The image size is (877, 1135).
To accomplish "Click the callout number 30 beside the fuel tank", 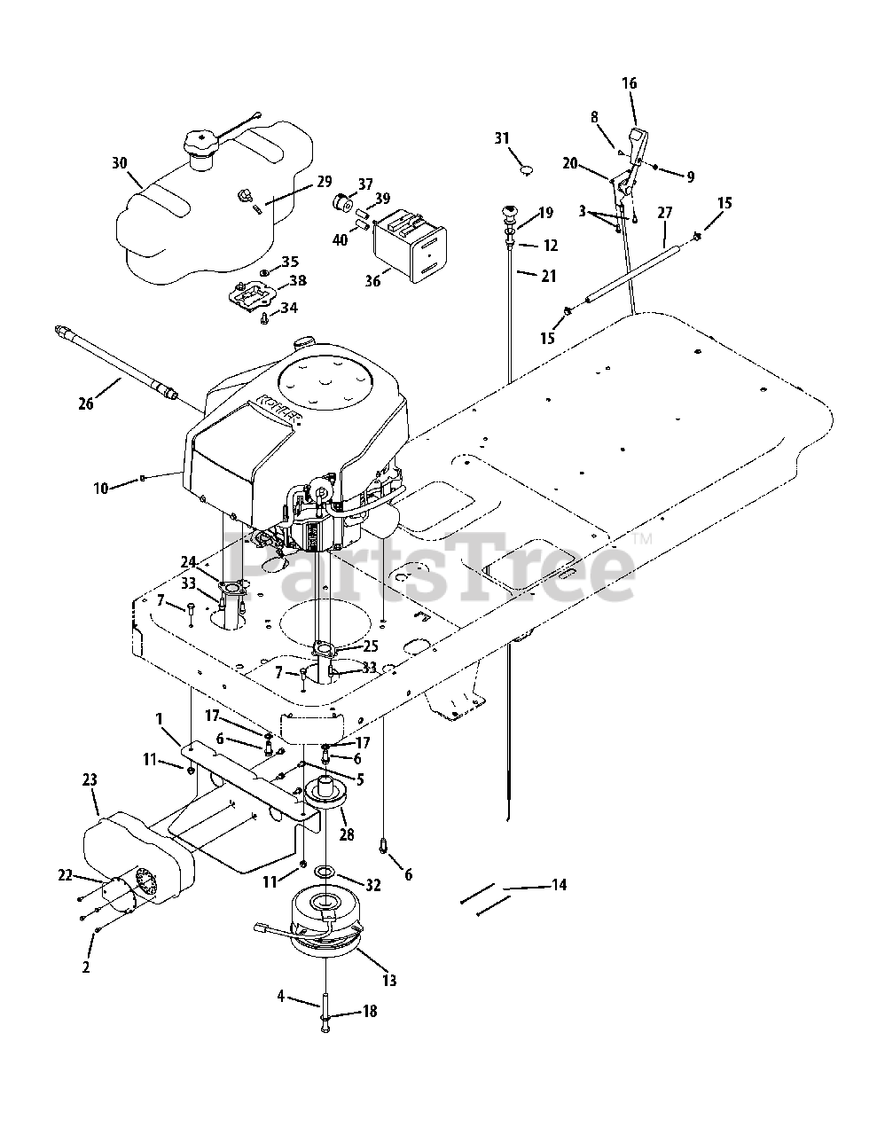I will point(120,162).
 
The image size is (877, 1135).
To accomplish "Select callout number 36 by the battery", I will point(373,281).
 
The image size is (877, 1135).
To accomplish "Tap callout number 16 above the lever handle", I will point(629,83).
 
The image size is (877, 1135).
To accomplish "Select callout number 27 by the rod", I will point(664,214).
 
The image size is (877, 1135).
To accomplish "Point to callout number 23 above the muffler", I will point(90,780).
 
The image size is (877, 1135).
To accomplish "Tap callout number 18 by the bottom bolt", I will point(370,1011).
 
